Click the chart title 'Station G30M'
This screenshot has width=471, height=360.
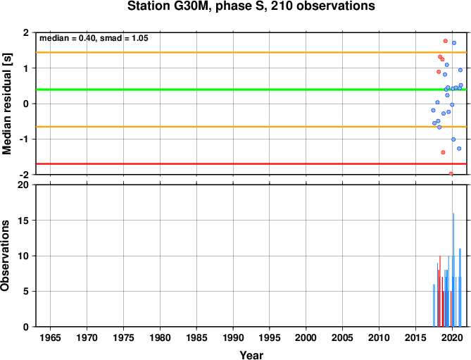(x=166, y=6)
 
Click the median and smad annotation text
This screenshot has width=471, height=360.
(x=94, y=38)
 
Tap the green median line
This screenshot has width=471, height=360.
(x=251, y=89)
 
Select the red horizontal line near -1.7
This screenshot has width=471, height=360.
(x=251, y=163)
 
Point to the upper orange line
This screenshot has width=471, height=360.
(x=251, y=53)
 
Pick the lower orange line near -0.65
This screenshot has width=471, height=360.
(x=251, y=127)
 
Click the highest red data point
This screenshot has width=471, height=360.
(x=446, y=41)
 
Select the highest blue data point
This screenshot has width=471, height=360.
(x=454, y=43)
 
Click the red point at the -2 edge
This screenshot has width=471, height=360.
(x=451, y=173)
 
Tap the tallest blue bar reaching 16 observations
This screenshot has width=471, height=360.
(x=453, y=270)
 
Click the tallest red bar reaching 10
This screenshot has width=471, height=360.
(x=440, y=291)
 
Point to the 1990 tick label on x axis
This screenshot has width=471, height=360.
(x=233, y=337)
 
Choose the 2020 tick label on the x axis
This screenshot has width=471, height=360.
(x=453, y=337)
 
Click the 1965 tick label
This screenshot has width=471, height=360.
(x=50, y=337)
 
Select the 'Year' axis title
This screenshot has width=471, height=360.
(x=251, y=355)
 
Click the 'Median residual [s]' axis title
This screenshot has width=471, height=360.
(x=6, y=104)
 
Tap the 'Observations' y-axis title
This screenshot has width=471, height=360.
(x=5, y=256)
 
